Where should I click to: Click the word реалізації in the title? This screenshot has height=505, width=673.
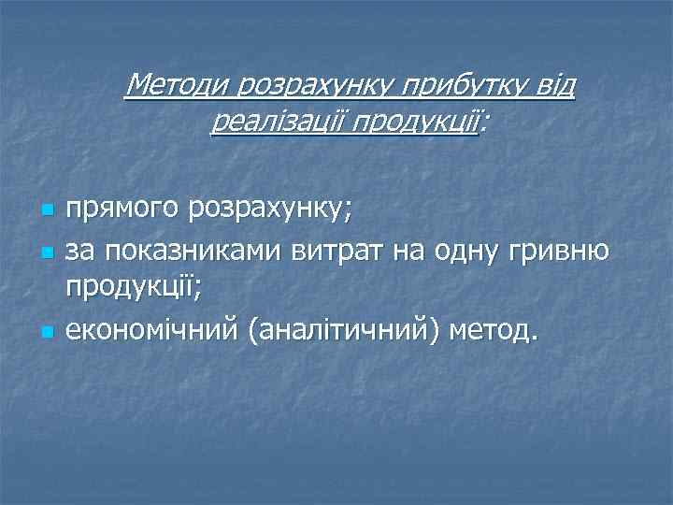click(265, 122)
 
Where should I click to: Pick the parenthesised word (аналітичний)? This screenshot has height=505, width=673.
click(343, 330)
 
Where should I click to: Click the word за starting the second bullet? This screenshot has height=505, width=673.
click(80, 252)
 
